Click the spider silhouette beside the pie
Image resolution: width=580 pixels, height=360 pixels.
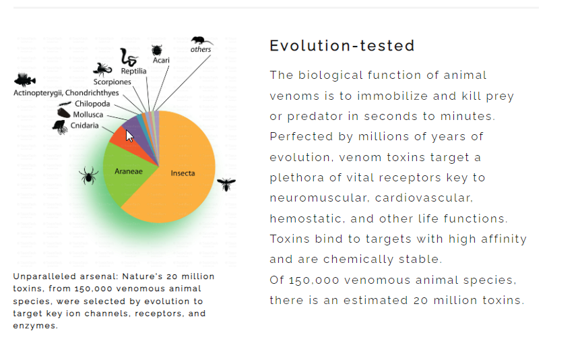(88, 175)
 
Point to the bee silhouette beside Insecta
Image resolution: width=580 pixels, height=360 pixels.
(226, 183)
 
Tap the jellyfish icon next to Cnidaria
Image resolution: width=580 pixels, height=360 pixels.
(60, 127)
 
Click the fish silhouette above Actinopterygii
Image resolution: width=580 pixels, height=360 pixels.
(25, 80)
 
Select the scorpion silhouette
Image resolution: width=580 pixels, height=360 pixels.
(102, 69)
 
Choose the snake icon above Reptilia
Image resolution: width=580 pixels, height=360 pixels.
(129, 57)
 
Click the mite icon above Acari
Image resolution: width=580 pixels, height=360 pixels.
(157, 50)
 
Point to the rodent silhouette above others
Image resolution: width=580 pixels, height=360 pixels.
(201, 40)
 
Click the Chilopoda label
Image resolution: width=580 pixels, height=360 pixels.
(92, 104)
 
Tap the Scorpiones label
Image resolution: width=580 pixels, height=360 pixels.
(112, 82)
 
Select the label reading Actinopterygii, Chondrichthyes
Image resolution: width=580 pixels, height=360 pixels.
(66, 92)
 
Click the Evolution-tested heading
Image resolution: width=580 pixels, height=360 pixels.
(342, 46)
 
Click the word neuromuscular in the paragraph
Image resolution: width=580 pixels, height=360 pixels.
(319, 198)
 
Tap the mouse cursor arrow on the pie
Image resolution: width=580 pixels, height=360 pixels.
(129, 136)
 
